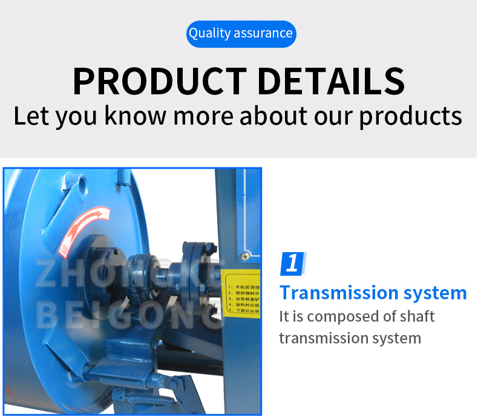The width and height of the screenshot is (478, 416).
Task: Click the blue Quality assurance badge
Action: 241,33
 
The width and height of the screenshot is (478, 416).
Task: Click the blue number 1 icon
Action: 293,264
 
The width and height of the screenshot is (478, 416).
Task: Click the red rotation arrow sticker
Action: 84,229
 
